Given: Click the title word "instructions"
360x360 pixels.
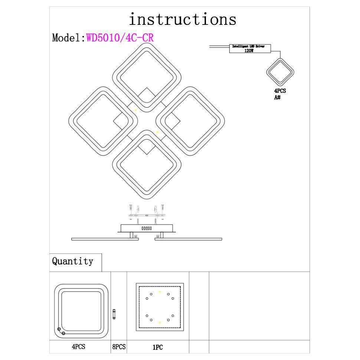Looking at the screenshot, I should pyautogui.click(x=182, y=19).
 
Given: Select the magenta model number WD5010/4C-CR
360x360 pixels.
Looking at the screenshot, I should pyautogui.click(x=120, y=38).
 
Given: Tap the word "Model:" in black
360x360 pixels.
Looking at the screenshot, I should pyautogui.click(x=69, y=38).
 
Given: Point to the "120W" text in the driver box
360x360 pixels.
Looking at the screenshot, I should pyautogui.click(x=249, y=51).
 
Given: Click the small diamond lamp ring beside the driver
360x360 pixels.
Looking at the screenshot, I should pyautogui.click(x=280, y=72).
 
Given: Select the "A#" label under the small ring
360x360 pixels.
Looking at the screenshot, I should pyautogui.click(x=277, y=97).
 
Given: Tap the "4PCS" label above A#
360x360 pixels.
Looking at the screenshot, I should pyautogui.click(x=280, y=91).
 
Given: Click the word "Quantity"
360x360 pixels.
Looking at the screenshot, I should pyautogui.click(x=72, y=261).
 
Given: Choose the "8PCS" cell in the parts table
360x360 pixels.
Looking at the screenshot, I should pyautogui.click(x=119, y=347).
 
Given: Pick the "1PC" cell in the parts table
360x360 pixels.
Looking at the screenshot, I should pyautogui.click(x=158, y=347).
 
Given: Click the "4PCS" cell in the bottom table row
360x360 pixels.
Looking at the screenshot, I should pyautogui.click(x=79, y=347).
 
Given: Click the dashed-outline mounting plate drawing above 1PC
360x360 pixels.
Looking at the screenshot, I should pyautogui.click(x=159, y=307).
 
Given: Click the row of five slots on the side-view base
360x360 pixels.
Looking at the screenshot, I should pyautogui.click(x=147, y=228).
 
